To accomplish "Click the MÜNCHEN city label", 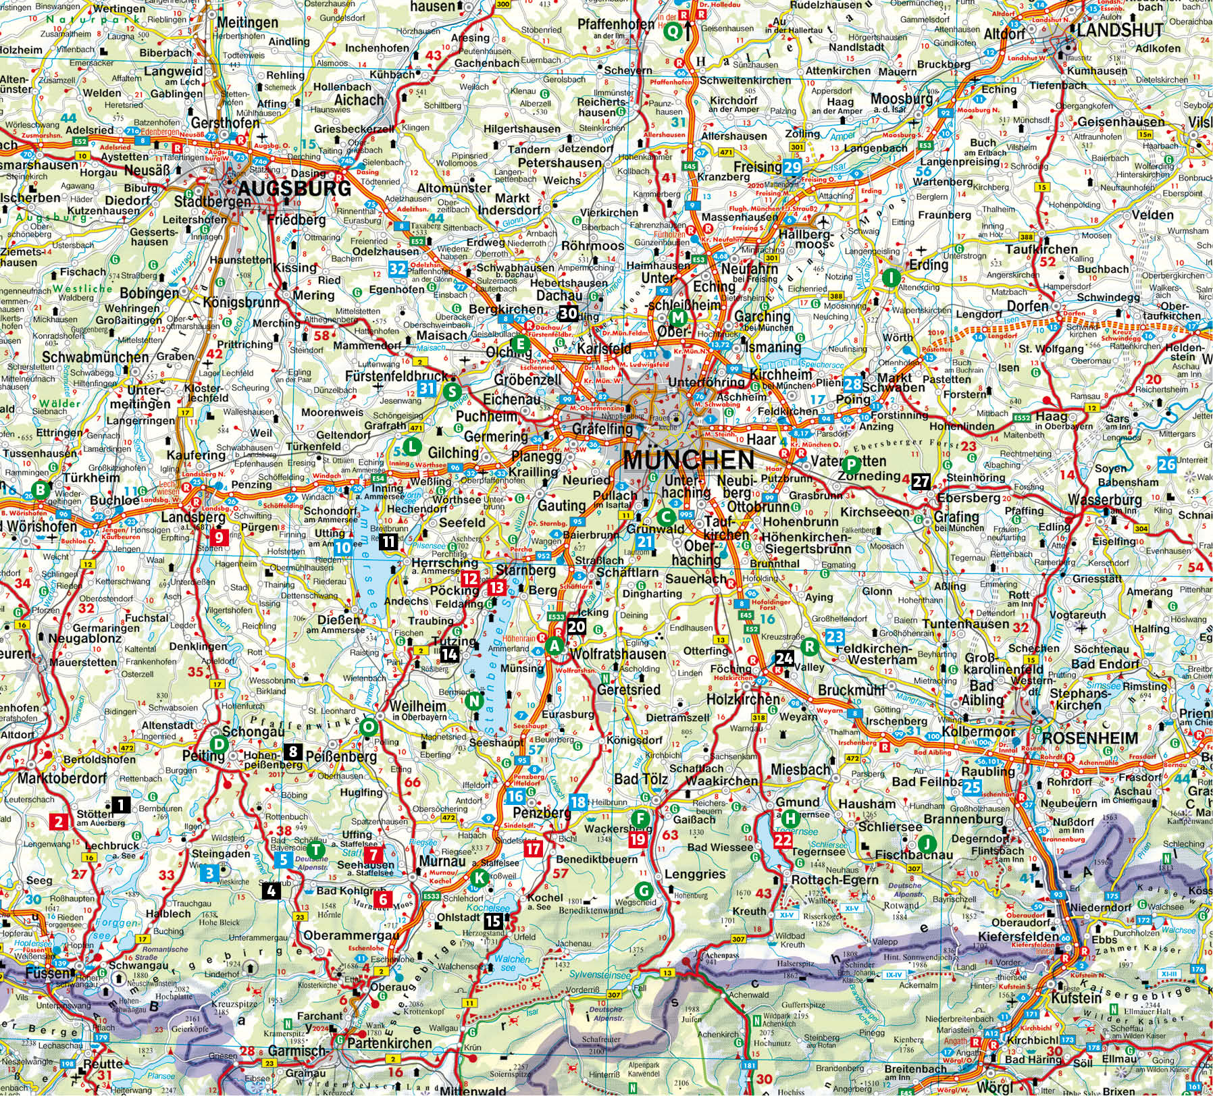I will point(688,460).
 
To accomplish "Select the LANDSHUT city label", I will point(1120,30).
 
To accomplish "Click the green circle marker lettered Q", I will point(672,31).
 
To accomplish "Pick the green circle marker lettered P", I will point(851,464).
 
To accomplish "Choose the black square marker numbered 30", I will point(568,313).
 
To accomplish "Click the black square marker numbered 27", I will point(921,481).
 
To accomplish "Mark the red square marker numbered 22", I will point(783,840).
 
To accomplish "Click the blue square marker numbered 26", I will point(1166,464).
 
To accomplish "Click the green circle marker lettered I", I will point(892,278).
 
